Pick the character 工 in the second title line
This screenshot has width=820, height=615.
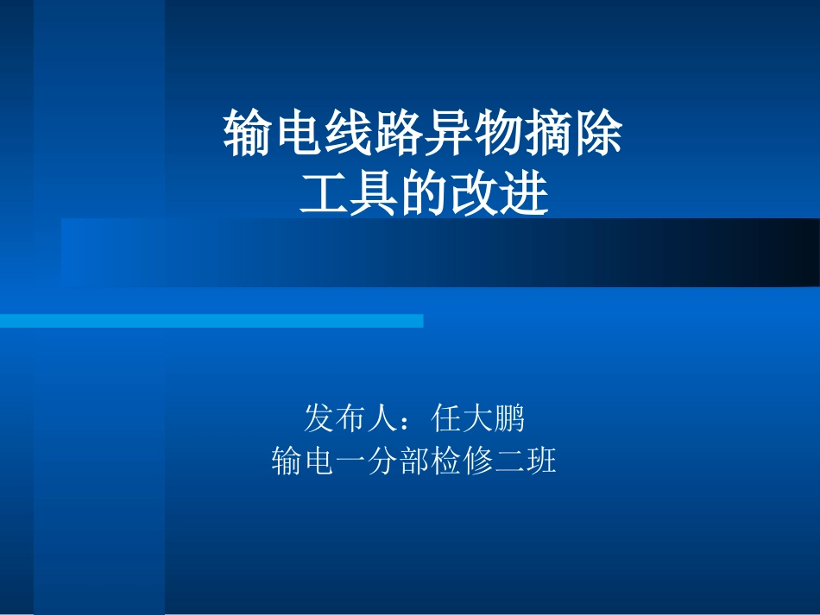tap(323, 194)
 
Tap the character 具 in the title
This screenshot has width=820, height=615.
tap(373, 194)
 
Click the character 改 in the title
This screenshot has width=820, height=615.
tap(474, 194)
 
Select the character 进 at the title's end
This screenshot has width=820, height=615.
tap(524, 194)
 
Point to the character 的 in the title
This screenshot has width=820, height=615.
tap(423, 194)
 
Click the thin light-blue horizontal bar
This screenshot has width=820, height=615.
tap(211, 321)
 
